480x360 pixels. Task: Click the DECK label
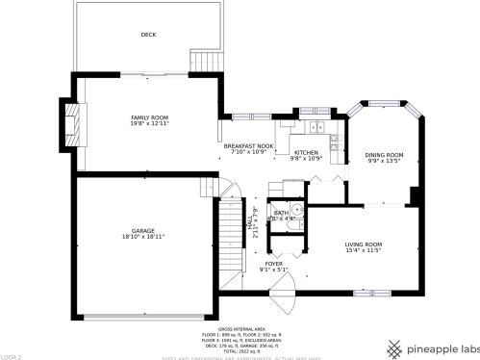click(148, 35)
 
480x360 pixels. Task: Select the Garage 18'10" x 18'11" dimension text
click(143, 236)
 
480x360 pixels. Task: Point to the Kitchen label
click(306, 152)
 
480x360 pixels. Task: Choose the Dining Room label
click(384, 155)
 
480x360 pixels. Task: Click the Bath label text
click(282, 213)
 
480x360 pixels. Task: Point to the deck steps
click(201, 58)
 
